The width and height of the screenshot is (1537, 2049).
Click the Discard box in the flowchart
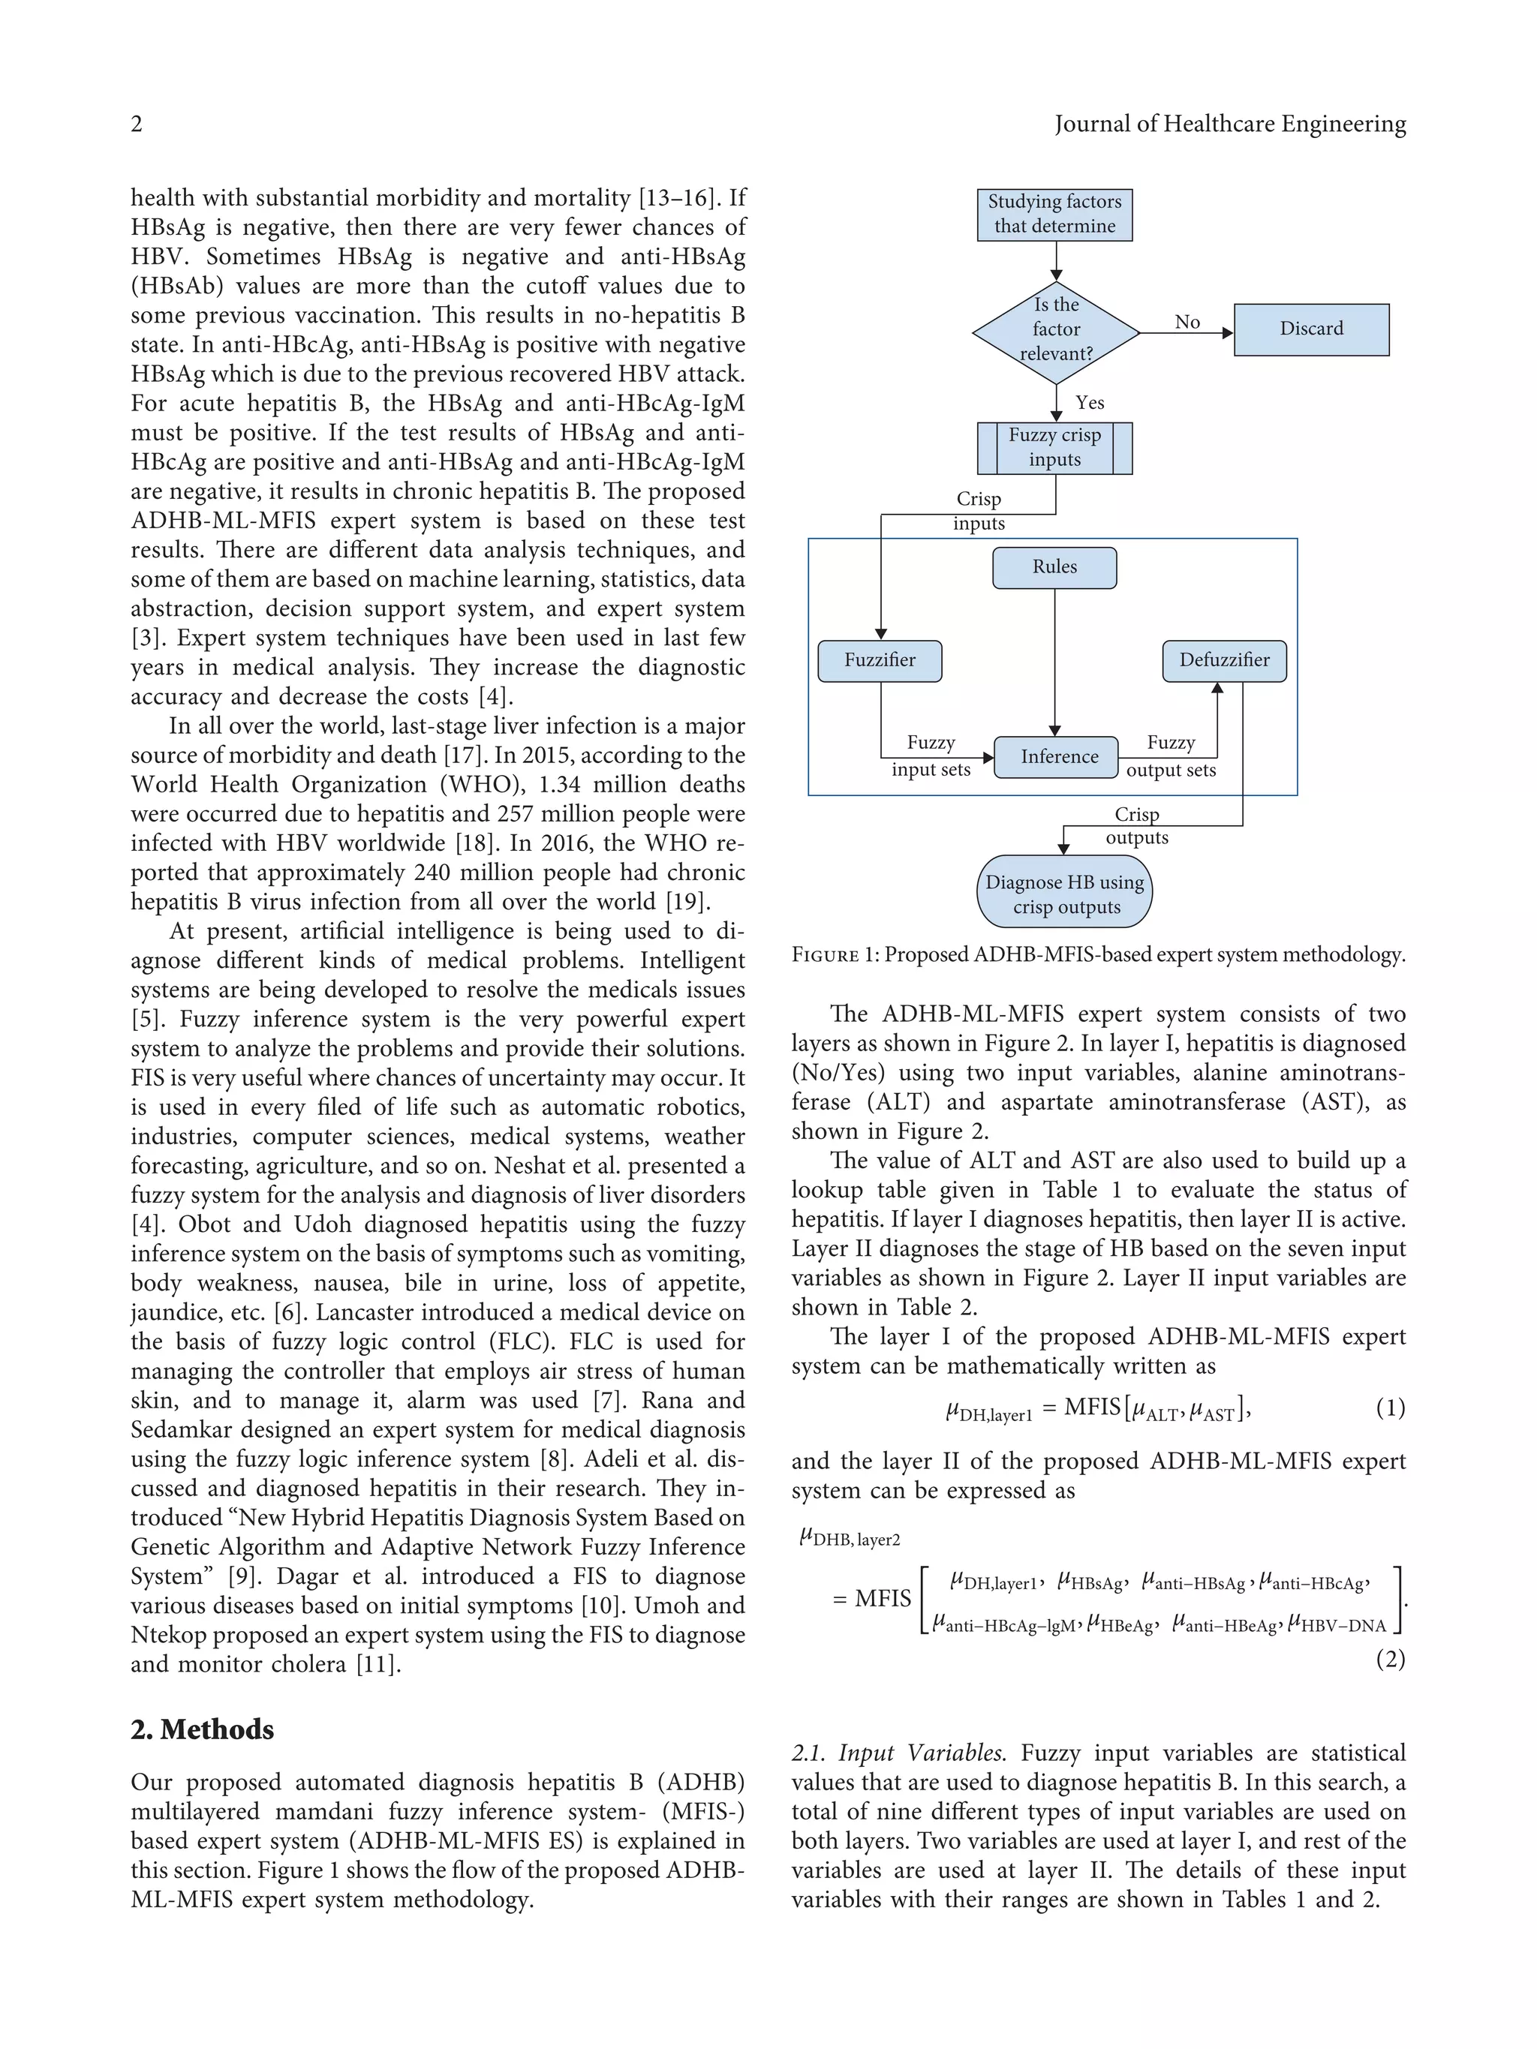(x=1310, y=329)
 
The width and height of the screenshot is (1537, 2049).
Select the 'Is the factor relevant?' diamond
(x=1055, y=331)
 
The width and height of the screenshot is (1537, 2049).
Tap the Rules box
(x=1054, y=567)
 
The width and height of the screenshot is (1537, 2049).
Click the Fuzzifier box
(x=880, y=660)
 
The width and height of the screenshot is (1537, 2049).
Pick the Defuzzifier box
(x=1224, y=660)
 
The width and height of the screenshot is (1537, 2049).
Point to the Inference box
(x=1058, y=757)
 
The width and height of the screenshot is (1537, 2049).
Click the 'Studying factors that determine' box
(x=1054, y=214)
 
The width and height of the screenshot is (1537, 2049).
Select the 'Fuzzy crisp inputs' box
(x=1054, y=447)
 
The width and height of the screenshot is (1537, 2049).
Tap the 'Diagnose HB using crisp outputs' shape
(x=1063, y=894)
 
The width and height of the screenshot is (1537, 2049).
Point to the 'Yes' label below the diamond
(x=1090, y=403)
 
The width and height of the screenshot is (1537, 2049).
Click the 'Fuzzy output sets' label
(x=1170, y=756)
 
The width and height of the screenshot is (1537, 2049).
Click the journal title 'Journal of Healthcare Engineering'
(x=1229, y=124)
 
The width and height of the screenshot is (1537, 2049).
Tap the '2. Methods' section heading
(x=202, y=1729)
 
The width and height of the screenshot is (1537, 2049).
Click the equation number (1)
(x=1390, y=1409)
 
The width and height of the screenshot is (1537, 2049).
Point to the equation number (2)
(x=1390, y=1659)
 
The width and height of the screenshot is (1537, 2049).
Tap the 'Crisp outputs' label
(x=1137, y=825)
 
